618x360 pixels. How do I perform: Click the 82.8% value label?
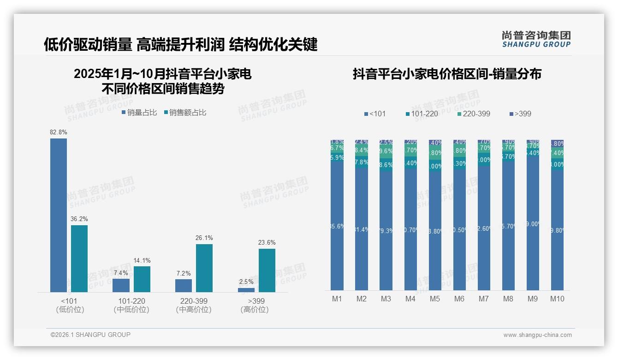coord(59,132)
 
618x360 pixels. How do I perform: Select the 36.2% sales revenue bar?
coord(79,258)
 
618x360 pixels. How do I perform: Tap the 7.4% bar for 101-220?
coord(121,285)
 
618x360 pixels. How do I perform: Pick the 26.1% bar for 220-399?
coord(204,268)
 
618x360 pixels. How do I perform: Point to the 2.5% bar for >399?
coord(246,290)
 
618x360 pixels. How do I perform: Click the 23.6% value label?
coord(267,243)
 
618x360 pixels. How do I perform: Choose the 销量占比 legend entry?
coord(139,113)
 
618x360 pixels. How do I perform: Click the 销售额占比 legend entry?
coord(185,113)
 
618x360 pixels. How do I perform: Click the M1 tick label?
coord(337,299)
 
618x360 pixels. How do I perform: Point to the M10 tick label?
coord(557,299)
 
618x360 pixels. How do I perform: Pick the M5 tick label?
coord(435,299)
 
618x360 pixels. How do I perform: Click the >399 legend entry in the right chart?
coord(521,114)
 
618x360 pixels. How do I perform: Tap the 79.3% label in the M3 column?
coord(386,231)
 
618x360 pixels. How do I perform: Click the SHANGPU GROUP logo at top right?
coord(536,39)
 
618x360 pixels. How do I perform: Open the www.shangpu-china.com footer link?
coord(537,335)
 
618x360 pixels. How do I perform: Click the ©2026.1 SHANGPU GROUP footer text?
coord(90,335)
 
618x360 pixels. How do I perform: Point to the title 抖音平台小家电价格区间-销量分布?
coord(447,74)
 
